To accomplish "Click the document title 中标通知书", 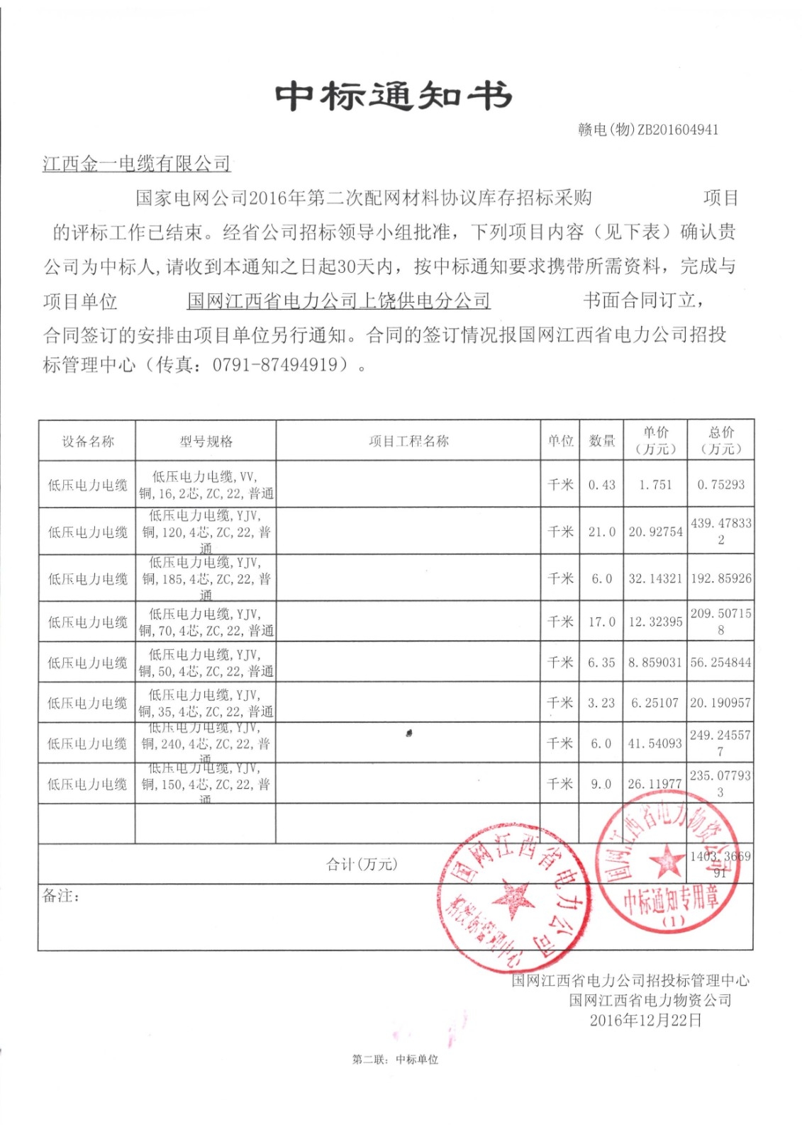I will click(394, 96).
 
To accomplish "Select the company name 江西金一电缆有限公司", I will click(137, 164).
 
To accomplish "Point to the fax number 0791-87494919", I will click(274, 365).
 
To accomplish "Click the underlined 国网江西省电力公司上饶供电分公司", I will click(339, 301).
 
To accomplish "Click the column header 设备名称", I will click(88, 442).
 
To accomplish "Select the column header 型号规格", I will click(206, 442).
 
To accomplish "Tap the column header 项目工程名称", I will click(408, 441).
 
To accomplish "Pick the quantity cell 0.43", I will click(601, 485).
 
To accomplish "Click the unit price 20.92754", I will click(655, 532).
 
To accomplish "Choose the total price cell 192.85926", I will click(720, 578).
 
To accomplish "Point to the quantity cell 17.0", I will click(601, 622).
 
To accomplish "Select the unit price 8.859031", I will click(655, 663).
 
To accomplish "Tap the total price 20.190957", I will click(720, 703).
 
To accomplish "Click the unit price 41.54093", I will click(655, 743).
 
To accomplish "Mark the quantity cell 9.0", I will click(601, 784).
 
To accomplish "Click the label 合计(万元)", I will click(362, 864).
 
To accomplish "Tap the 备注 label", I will click(61, 896).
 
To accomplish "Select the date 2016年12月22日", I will click(646, 1020).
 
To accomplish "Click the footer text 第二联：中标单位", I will click(395, 1060).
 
